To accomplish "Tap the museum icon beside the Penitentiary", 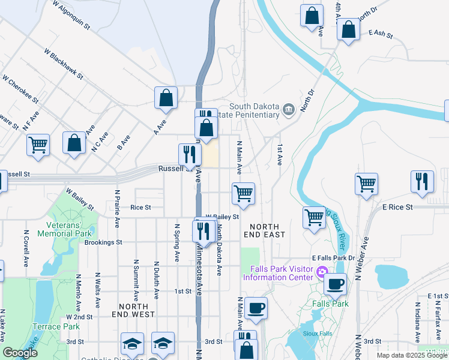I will [288, 109].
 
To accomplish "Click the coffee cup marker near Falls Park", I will [336, 283].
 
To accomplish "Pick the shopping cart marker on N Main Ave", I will [243, 193].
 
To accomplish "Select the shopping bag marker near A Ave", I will [166, 97].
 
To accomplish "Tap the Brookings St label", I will [103, 242].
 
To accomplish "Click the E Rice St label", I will [398, 206].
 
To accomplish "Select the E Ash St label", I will [380, 33].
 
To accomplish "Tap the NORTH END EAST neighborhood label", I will [264, 230].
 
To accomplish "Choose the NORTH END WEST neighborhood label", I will [133, 309].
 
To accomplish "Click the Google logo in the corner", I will [19, 353].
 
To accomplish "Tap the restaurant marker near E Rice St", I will [422, 181].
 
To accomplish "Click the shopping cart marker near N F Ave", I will [38, 144].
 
